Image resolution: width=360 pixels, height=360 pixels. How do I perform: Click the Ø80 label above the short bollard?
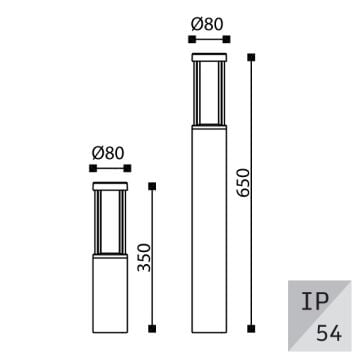(x=109, y=154)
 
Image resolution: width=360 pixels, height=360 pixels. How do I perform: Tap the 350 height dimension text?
(x=146, y=256)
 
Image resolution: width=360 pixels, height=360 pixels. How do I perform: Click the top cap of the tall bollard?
(x=209, y=54)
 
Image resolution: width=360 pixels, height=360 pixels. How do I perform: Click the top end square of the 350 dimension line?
(x=152, y=185)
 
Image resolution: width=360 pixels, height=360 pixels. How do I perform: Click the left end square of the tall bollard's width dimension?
(x=191, y=39)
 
